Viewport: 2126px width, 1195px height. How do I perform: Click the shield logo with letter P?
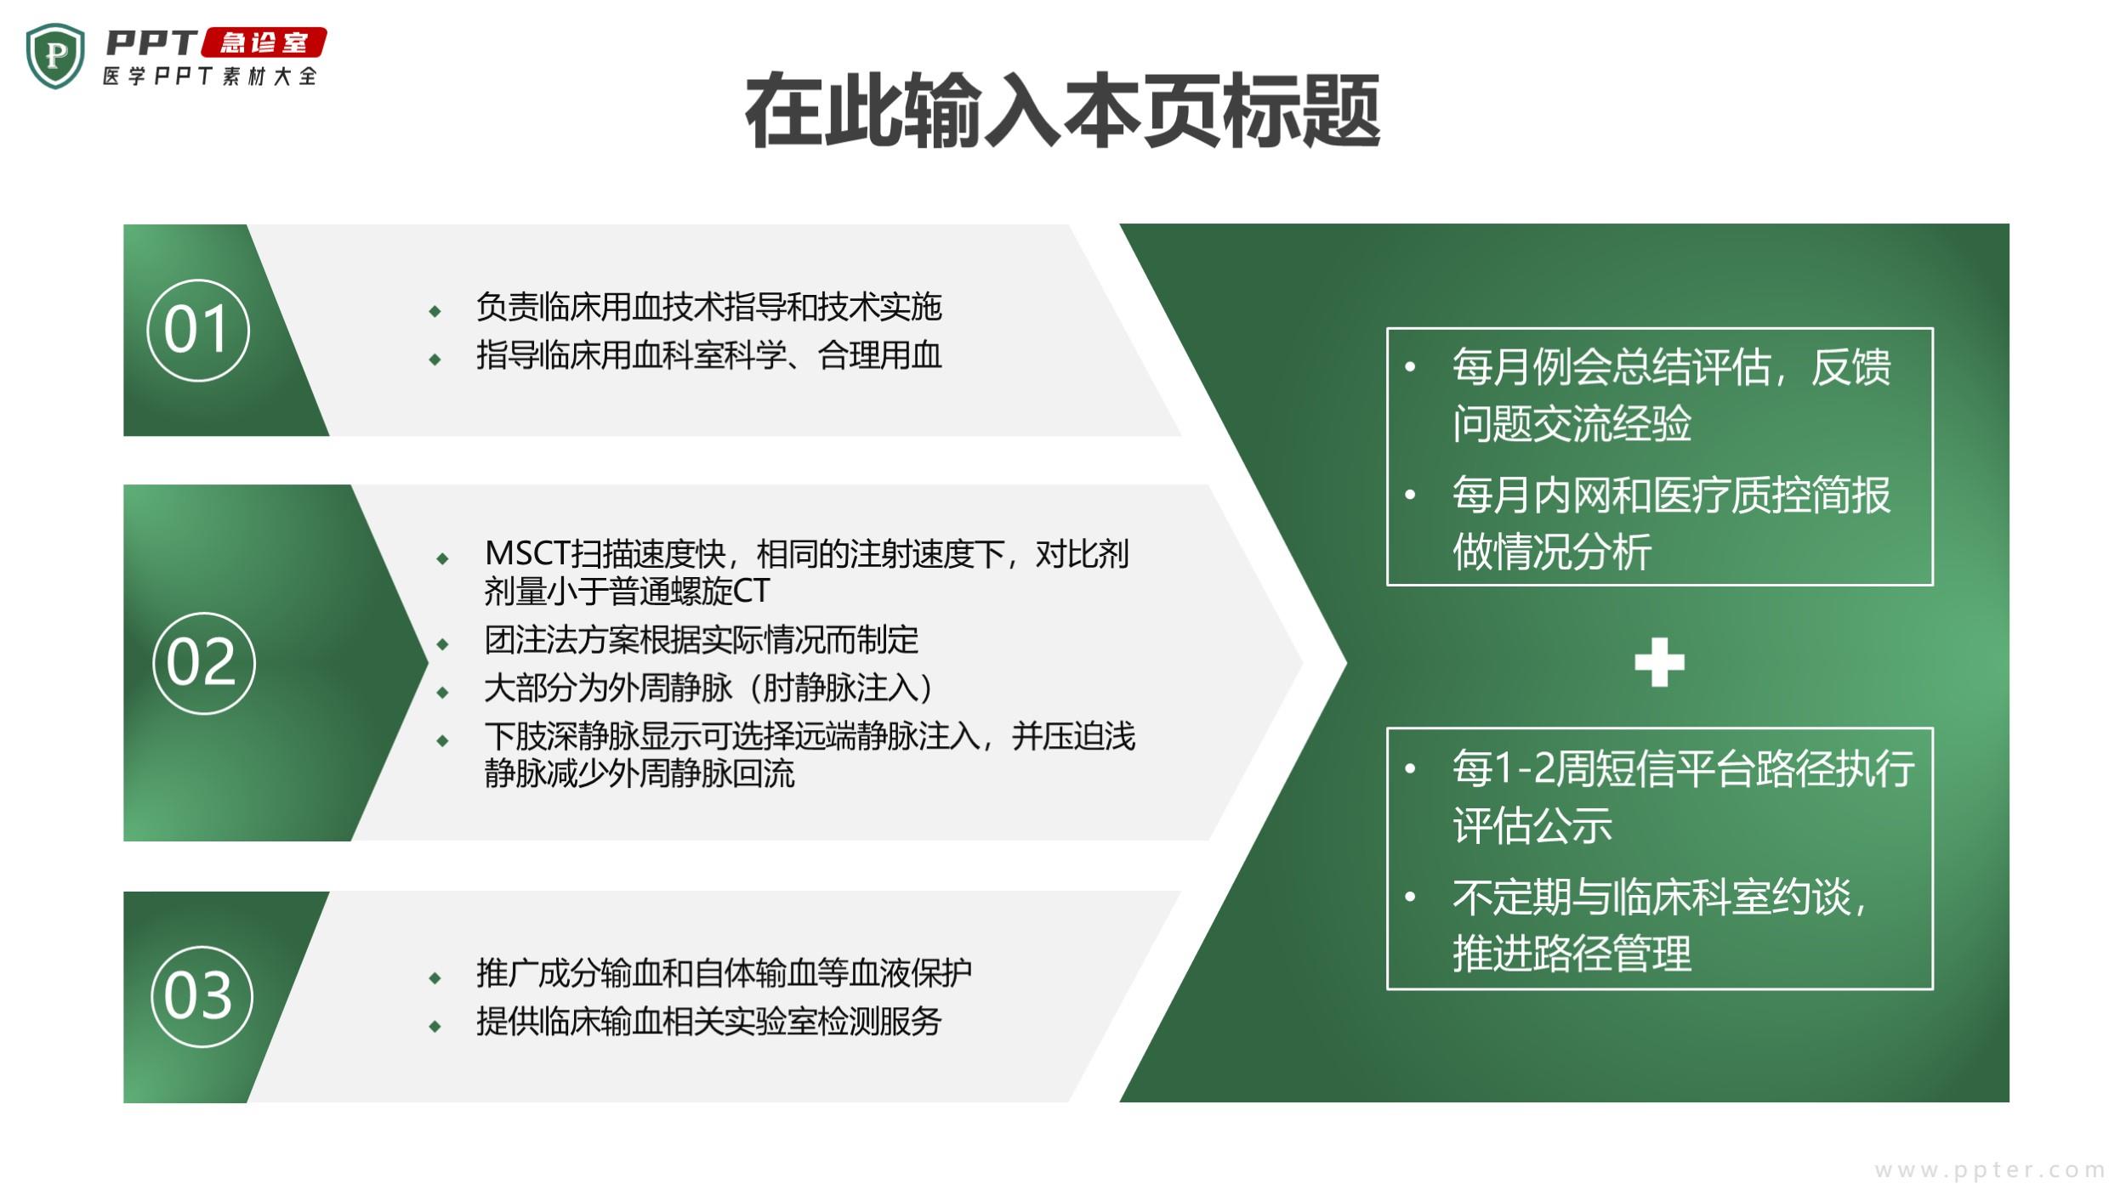(55, 56)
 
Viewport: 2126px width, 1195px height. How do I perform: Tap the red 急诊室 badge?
(264, 42)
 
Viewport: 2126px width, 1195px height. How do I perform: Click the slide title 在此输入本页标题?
(1062, 110)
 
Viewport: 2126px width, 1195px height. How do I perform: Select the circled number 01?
(198, 330)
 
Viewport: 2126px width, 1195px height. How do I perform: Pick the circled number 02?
(204, 663)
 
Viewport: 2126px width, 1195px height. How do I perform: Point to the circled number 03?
(202, 996)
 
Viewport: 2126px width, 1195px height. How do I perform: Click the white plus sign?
(1659, 662)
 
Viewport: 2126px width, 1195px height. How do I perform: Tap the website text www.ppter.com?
(1990, 1170)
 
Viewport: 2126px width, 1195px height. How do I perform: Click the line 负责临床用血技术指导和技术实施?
(709, 307)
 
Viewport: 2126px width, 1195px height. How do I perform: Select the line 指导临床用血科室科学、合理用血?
(709, 355)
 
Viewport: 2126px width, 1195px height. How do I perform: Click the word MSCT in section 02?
(527, 554)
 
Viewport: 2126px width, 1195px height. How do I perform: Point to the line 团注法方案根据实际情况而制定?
(702, 640)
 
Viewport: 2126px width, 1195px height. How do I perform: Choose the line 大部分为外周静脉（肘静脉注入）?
(708, 688)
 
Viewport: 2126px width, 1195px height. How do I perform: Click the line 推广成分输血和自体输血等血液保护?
(725, 973)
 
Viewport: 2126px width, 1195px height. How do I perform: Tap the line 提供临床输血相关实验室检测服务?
(709, 1022)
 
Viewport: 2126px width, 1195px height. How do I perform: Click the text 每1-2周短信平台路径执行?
(1684, 768)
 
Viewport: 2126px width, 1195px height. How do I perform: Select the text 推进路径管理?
(1572, 953)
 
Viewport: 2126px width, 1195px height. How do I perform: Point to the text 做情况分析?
(1552, 552)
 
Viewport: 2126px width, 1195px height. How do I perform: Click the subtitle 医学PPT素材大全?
(210, 76)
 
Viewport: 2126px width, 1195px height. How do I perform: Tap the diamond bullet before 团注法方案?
(442, 644)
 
